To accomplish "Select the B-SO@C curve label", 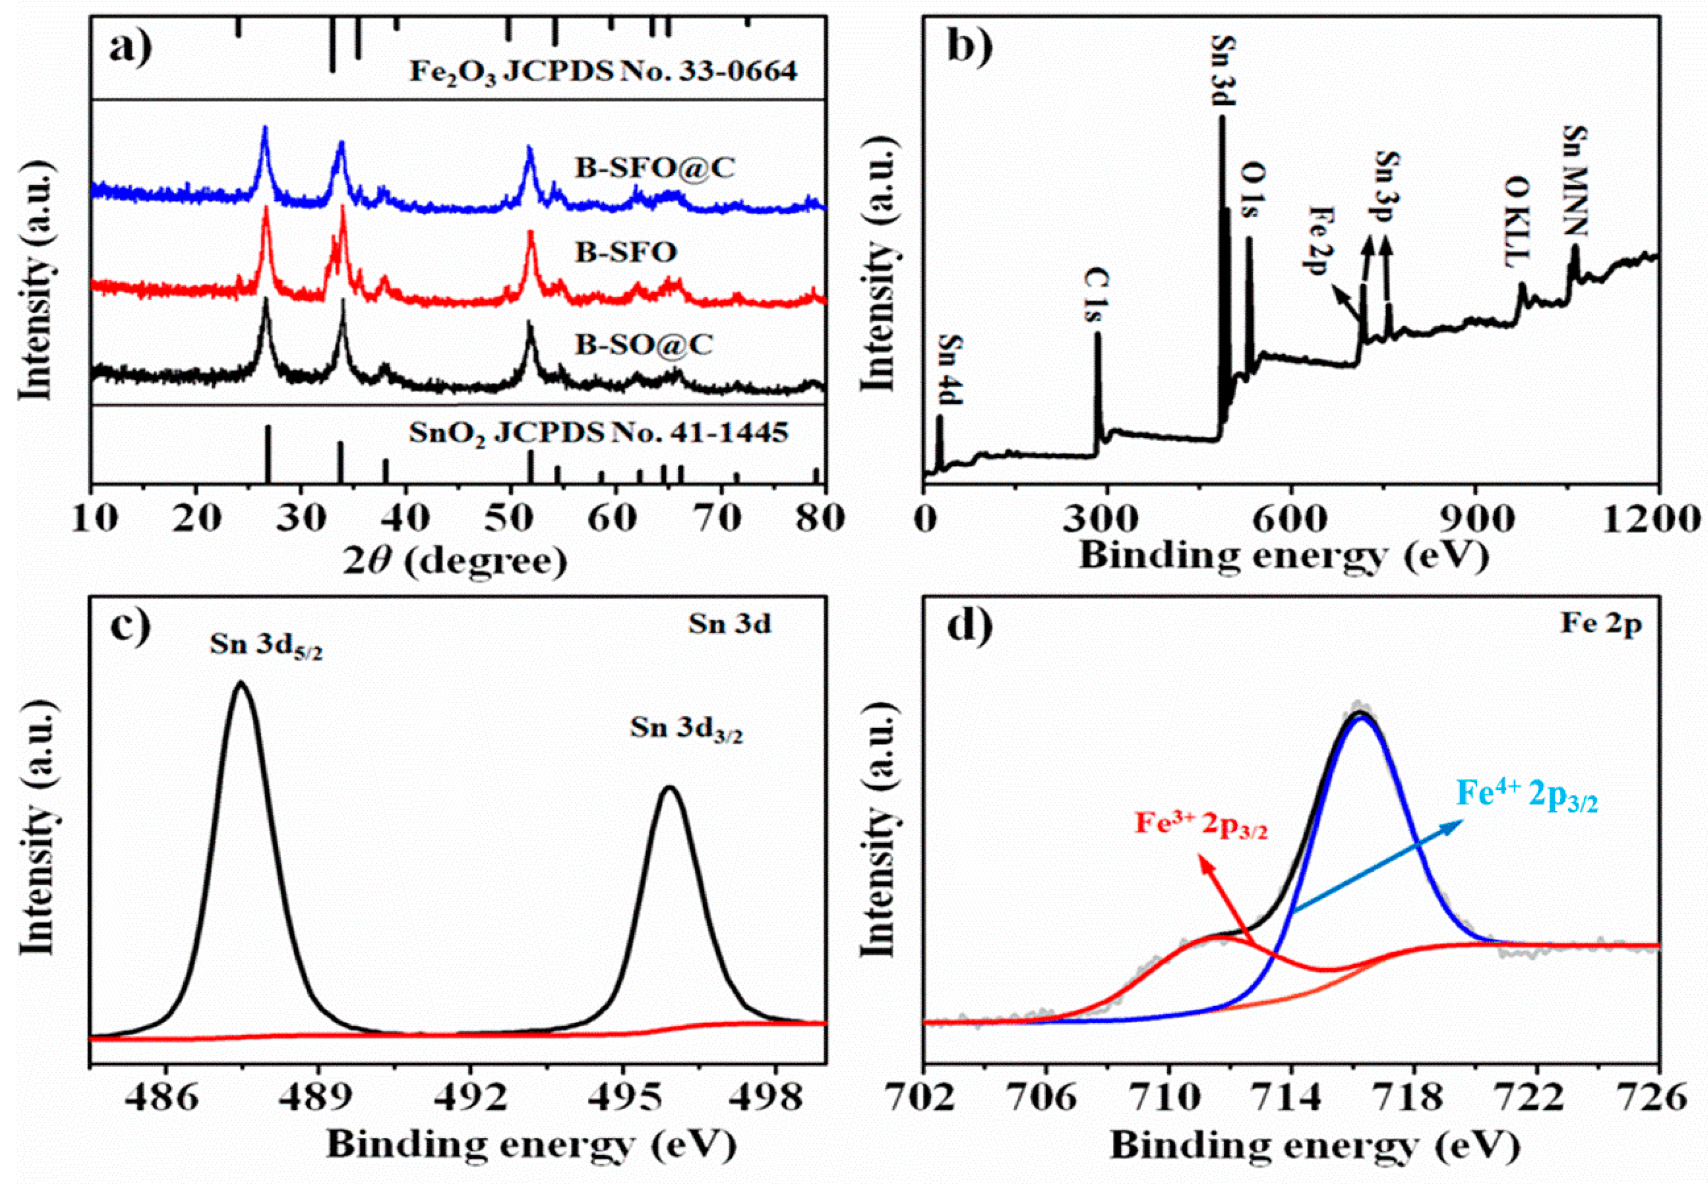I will pyautogui.click(x=644, y=344).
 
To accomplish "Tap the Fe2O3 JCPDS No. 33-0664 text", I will pyautogui.click(x=603, y=73).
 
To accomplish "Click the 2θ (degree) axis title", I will pyautogui.click(x=454, y=561).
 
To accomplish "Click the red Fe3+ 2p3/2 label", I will pyautogui.click(x=1201, y=825).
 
